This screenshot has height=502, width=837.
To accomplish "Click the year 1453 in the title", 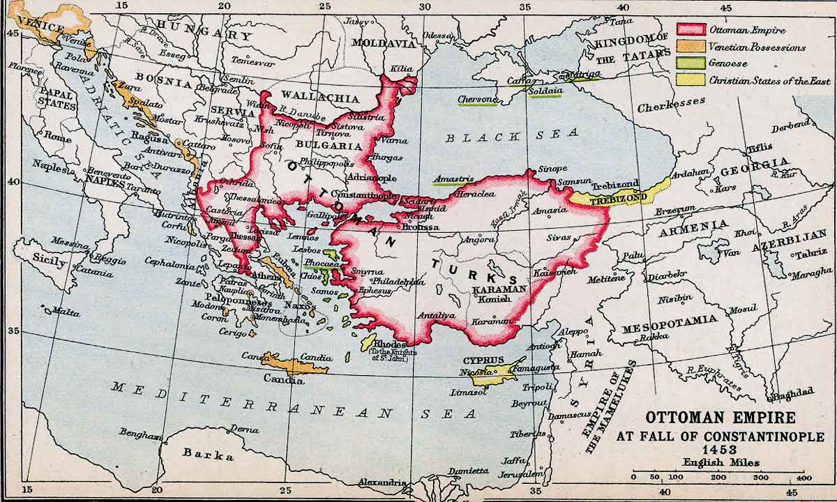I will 721,450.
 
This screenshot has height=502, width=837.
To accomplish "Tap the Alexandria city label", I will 382,482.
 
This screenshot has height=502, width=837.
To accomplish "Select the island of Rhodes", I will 368,342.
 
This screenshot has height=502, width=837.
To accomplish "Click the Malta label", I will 66,312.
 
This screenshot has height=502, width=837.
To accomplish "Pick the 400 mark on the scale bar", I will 803,478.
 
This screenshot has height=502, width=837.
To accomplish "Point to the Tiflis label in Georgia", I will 760,147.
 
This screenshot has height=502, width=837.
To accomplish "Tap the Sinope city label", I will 552,168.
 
